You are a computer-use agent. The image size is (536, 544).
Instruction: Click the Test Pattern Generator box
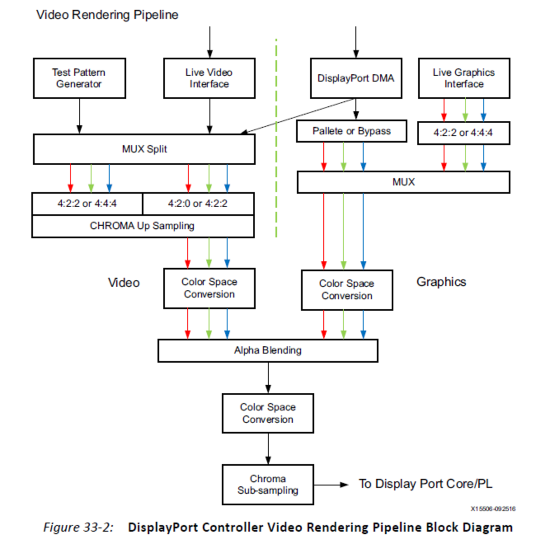79,78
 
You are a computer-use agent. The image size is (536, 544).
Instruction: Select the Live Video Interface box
209,78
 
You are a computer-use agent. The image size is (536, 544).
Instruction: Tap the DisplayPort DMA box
356,78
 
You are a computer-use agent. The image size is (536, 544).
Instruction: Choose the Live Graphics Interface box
464,78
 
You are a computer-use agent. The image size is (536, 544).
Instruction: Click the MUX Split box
144,149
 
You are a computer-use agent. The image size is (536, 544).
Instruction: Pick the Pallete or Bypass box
351,131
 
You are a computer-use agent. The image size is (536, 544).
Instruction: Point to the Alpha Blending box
268,350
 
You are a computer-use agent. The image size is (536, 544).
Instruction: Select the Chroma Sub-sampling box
268,485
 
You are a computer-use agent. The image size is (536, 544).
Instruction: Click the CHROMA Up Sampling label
142,226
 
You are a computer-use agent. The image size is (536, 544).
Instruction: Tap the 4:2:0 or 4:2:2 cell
198,204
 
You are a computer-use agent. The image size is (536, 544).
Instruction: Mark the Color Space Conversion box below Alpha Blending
268,413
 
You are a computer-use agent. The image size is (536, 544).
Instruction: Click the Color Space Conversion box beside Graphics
347,290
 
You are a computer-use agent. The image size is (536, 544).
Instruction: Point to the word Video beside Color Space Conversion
124,283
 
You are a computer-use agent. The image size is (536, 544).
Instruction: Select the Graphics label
441,282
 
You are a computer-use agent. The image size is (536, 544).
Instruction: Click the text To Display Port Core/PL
426,484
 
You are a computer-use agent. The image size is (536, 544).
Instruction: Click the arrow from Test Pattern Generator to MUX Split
80,116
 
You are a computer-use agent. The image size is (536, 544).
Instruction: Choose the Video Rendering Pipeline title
107,15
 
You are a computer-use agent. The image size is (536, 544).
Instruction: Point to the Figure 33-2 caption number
78,528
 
